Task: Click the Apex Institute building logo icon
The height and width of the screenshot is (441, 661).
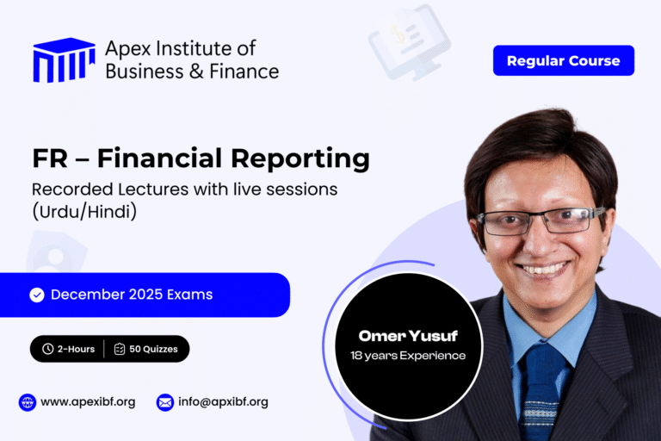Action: tap(64, 60)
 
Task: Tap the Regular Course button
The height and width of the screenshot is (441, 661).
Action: tap(563, 60)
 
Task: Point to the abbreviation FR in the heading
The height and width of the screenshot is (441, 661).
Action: tap(50, 158)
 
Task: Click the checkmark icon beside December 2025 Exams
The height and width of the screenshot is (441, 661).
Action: tap(37, 295)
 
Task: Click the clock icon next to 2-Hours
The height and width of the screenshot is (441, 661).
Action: tap(47, 349)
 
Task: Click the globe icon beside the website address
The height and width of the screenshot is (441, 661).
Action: tap(28, 401)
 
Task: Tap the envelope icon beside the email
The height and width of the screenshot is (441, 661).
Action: tap(165, 401)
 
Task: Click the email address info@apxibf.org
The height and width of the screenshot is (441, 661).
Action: tap(225, 401)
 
